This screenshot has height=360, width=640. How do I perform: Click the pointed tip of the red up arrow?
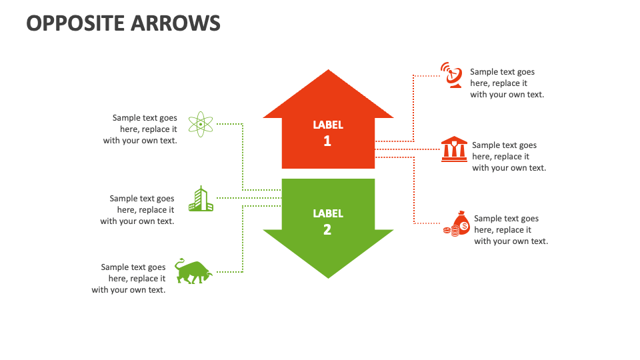[x=328, y=72]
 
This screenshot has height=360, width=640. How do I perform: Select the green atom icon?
[x=200, y=124]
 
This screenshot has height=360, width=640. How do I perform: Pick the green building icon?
[x=201, y=199]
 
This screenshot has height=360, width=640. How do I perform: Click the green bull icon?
[x=193, y=271]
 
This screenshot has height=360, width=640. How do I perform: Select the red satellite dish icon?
[x=452, y=75]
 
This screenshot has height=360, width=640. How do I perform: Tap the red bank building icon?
[x=454, y=149]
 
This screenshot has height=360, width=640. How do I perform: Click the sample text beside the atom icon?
[x=141, y=129]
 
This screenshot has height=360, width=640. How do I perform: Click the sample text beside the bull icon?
[x=129, y=279]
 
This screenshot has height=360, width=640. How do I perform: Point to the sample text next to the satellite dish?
[x=506, y=83]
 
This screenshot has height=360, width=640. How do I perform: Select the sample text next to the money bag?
[x=510, y=230]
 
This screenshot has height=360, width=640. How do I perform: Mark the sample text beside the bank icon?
[x=508, y=157]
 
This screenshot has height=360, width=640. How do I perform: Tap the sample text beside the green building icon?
[x=138, y=209]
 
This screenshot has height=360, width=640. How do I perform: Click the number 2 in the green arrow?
[x=327, y=229]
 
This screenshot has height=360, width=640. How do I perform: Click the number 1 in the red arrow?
[x=327, y=141]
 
